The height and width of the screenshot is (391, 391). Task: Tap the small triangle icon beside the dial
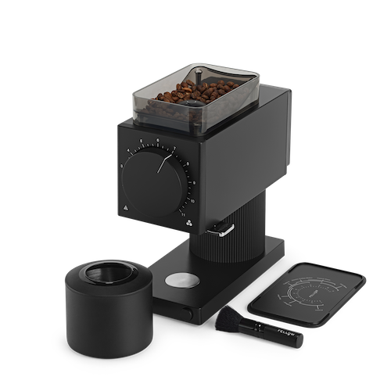click(x=125, y=208)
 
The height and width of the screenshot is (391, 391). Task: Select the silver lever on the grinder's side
click(x=225, y=228)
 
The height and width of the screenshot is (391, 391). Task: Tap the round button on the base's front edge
click(x=188, y=313)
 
